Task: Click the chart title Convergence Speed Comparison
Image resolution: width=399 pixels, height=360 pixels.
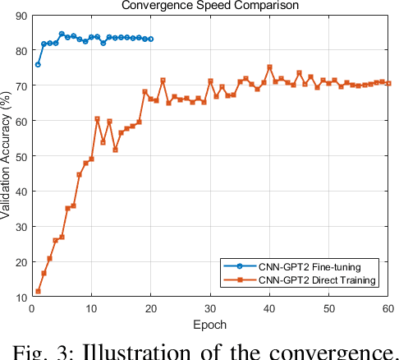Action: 209,5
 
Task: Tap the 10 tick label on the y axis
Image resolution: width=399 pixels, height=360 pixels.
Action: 18,298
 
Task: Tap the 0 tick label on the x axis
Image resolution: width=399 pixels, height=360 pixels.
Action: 31,308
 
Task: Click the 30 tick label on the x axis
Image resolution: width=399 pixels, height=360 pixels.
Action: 210,308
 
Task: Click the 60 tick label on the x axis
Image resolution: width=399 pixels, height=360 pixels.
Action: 388,308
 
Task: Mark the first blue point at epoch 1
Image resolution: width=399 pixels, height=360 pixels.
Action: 37,64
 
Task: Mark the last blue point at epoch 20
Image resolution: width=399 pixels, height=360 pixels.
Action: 150,39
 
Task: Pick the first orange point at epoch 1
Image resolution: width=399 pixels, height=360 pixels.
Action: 37,292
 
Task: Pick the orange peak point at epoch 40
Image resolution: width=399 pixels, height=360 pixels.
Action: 269,67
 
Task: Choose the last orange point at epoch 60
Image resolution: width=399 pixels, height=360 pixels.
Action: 388,83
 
